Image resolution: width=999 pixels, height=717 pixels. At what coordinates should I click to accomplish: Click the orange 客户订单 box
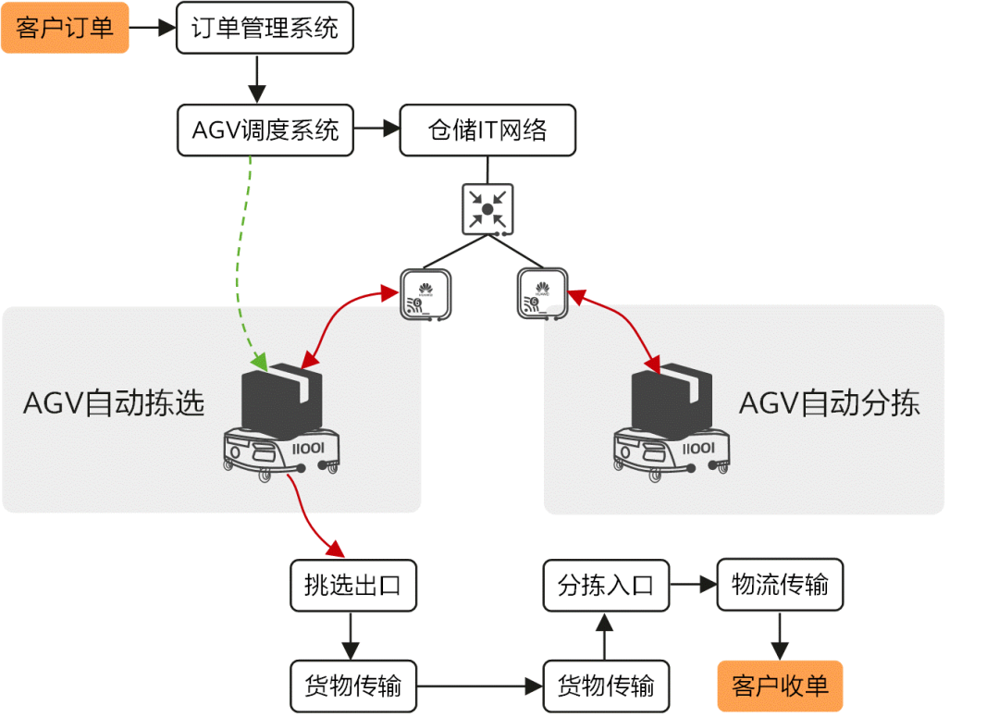point(65,28)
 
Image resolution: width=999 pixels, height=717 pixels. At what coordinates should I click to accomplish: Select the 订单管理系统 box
point(265,28)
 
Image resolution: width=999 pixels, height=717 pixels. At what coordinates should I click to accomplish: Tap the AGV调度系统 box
point(265,130)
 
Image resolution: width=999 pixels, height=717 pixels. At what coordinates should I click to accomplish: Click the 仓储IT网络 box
point(487,130)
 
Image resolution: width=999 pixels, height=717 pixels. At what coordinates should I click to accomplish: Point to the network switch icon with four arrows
point(487,208)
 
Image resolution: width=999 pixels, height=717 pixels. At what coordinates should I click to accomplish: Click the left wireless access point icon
point(425,294)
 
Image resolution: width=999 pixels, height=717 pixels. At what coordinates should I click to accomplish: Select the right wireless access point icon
point(541,294)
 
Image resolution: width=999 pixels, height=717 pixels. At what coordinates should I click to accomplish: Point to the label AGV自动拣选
point(114,404)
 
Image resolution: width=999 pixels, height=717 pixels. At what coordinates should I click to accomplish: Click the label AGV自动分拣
point(830,404)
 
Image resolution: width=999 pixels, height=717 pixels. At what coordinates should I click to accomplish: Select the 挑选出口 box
point(352,586)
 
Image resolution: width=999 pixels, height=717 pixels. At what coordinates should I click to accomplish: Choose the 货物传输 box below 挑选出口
point(352,686)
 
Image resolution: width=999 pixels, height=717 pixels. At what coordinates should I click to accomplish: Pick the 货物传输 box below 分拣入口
point(606,686)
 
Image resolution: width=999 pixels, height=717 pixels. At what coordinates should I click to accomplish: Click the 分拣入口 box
point(606,586)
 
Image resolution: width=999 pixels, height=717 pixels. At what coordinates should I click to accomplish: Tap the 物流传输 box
point(780,585)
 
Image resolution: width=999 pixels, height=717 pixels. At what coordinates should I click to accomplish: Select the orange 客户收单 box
point(780,686)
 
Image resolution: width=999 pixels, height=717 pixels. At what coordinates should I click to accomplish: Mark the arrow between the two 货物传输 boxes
point(479,686)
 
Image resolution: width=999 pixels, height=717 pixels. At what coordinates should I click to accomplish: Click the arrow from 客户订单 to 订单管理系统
point(153,28)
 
